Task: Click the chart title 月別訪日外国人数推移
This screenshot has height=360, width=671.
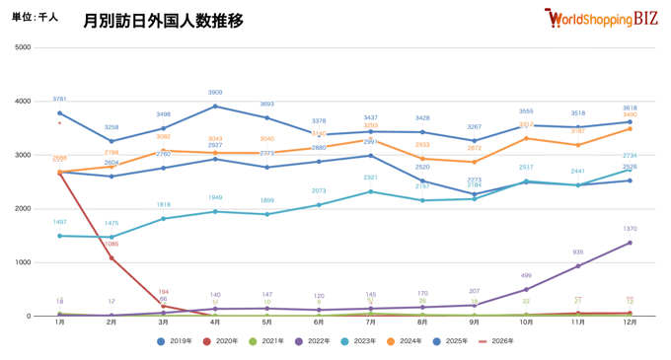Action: coord(163,21)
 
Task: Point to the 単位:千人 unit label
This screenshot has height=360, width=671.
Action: coord(35,18)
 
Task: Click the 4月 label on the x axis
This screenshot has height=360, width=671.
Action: coord(215,324)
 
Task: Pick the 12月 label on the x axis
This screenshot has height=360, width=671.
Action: coord(630,324)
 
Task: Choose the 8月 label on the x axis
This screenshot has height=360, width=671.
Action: coord(422,324)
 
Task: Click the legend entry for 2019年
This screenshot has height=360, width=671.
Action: coord(177,341)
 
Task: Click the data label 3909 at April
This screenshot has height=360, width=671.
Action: coord(215,93)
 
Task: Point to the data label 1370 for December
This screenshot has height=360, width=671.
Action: coord(630,229)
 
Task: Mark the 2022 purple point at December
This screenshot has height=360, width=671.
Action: coord(630,243)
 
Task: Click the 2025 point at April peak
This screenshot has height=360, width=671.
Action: coord(215,107)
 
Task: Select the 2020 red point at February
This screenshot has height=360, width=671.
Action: coord(112,258)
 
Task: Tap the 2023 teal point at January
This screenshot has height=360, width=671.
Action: coord(59,236)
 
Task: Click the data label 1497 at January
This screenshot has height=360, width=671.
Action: coord(59,223)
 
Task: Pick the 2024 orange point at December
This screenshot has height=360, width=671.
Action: coord(630,128)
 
